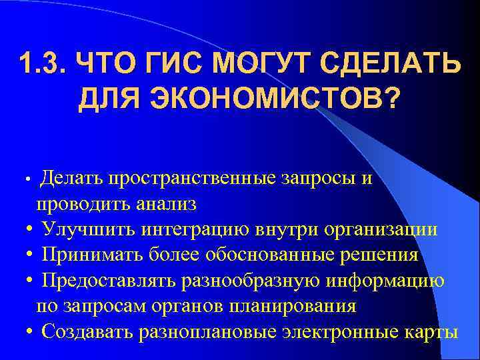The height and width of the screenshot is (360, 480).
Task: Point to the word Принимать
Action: click(x=93, y=255)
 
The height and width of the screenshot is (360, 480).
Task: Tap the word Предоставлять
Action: click(x=108, y=281)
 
